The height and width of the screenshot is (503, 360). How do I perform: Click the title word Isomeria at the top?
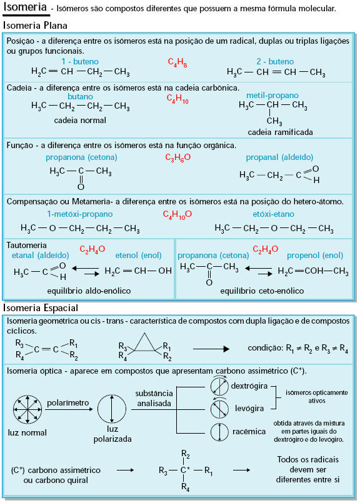click(25, 7)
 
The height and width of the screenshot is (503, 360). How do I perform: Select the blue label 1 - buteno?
click(80, 61)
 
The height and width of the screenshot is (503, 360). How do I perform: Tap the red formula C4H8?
click(177, 62)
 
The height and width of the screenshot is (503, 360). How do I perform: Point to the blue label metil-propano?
click(272, 95)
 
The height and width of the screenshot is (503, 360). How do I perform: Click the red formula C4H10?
click(177, 99)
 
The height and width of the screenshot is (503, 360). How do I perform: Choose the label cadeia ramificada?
click(280, 132)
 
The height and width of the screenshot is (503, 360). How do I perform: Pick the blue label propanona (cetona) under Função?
click(81, 157)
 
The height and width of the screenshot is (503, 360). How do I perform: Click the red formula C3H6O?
click(177, 157)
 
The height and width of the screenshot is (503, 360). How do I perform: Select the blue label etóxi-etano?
click(273, 214)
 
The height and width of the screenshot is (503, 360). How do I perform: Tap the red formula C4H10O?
click(177, 214)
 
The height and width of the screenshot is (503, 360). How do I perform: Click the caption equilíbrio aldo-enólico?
click(89, 291)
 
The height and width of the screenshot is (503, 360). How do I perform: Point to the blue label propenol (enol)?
click(315, 256)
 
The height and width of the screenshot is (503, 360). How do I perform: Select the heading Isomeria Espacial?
click(41, 308)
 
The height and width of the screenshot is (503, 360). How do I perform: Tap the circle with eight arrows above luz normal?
click(27, 409)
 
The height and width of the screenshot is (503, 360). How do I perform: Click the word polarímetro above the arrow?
click(67, 403)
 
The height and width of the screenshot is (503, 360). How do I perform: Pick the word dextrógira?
click(249, 386)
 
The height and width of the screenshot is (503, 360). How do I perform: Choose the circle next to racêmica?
click(219, 432)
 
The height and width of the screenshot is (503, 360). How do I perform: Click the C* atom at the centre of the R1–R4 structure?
click(184, 471)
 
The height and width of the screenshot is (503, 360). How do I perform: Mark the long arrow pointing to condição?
click(211, 349)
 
